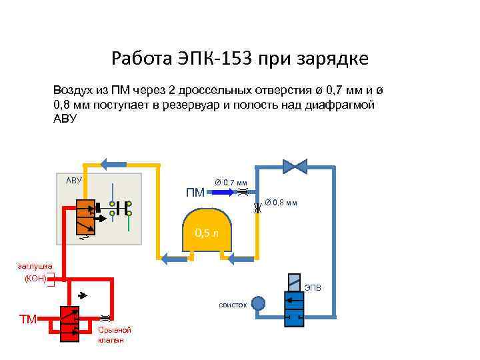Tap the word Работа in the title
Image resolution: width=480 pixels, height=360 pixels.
pos(140,59)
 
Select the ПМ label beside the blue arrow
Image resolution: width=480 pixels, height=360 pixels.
pos(195,193)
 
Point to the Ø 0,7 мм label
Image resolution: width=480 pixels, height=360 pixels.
pos(231,182)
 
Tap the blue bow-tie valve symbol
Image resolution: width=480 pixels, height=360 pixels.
pos(293,164)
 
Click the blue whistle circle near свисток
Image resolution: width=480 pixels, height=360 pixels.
pos(258,303)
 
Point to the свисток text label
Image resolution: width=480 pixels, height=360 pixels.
pos(233,305)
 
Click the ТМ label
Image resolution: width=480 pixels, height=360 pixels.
pos(28,319)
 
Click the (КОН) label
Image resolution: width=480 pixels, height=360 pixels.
pos(35,279)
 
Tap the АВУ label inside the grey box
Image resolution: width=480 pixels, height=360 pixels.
pos(73,180)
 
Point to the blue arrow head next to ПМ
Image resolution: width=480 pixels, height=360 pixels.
pos(225,192)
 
